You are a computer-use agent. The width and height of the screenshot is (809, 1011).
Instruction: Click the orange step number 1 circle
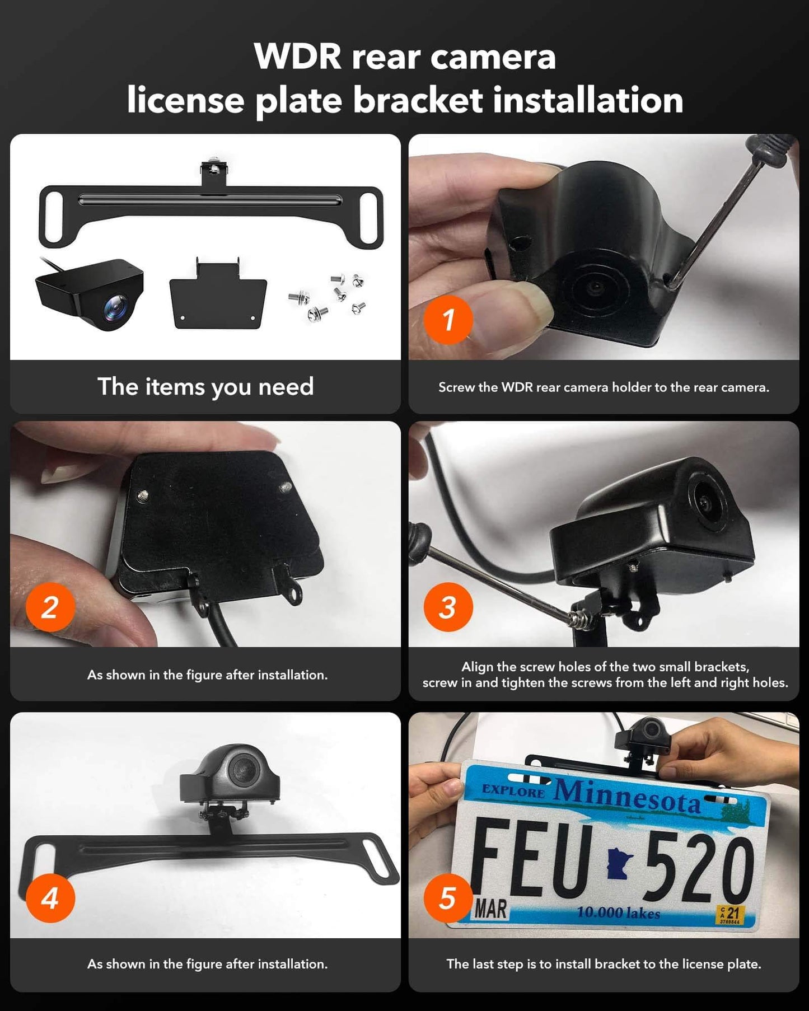coord(448,320)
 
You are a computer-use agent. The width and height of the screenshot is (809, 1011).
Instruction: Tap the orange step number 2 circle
coord(50,607)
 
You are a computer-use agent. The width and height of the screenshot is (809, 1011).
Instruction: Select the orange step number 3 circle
coord(448,607)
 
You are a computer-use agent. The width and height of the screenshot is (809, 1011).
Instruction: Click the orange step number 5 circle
coord(448,898)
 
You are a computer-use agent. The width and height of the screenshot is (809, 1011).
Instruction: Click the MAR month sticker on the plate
coord(490,909)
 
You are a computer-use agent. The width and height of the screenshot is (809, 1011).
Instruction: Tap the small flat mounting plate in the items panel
coord(217,296)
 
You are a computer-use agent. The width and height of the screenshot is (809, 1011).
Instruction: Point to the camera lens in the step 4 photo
coord(242,767)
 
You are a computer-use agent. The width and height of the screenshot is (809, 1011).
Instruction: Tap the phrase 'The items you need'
coord(205,386)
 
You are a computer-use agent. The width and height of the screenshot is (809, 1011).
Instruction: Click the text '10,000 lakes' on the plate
coord(618,912)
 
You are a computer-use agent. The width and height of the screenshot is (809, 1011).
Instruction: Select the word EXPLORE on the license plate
coord(513,791)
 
